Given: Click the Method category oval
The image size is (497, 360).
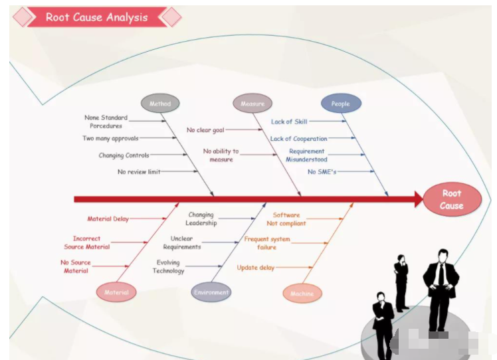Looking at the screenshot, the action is pyautogui.click(x=160, y=104).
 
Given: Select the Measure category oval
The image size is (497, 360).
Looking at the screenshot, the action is pyautogui.click(x=252, y=104).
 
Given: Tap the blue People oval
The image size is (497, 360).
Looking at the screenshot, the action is pyautogui.click(x=341, y=104).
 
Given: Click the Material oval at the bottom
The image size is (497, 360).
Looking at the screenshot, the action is pyautogui.click(x=116, y=292).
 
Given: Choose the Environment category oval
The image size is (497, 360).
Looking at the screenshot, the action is pyautogui.click(x=211, y=292).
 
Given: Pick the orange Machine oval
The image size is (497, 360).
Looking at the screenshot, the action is pyautogui.click(x=302, y=294).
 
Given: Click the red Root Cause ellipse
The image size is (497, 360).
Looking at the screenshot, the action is pyautogui.click(x=452, y=199).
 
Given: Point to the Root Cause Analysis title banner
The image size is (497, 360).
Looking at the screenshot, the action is pyautogui.click(x=96, y=17).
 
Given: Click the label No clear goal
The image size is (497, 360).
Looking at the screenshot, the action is pyautogui.click(x=205, y=130).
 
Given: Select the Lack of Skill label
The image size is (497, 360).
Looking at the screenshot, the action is pyautogui.click(x=289, y=122).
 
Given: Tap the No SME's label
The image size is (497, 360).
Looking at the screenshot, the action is pyautogui.click(x=322, y=172).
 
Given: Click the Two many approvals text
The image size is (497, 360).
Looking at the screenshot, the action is pyautogui.click(x=110, y=138).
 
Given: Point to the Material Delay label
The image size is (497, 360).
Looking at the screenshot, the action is pyautogui.click(x=108, y=219).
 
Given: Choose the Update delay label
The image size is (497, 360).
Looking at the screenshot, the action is pyautogui.click(x=255, y=268).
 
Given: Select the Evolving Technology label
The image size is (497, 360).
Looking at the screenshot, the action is pyautogui.click(x=168, y=266).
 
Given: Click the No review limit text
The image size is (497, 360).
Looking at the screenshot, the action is pyautogui.click(x=139, y=172).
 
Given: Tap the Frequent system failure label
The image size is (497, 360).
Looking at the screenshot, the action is pyautogui.click(x=267, y=243).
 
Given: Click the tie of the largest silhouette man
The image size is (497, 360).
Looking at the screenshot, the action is pyautogui.click(x=441, y=274).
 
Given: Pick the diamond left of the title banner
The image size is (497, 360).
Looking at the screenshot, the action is pyautogui.click(x=23, y=17).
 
